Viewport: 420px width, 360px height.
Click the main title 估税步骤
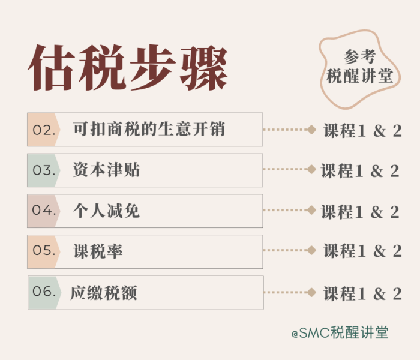[x=128, y=67]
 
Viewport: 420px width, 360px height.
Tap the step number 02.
[x=44, y=130]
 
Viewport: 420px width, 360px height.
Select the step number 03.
[x=44, y=170]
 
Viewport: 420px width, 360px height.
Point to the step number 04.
[x=44, y=210]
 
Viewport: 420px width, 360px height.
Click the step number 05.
[x=44, y=250]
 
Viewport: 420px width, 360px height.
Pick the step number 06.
[x=44, y=291]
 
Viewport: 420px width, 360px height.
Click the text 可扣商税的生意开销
[x=149, y=129]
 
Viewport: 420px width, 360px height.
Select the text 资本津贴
[x=106, y=170]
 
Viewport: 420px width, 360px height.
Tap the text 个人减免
[x=106, y=211]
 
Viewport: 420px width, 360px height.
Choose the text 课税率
[x=98, y=251]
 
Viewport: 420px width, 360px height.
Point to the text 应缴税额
[x=104, y=293]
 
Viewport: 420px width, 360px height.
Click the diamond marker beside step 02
[x=311, y=130]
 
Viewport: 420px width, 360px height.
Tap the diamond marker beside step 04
[x=311, y=210]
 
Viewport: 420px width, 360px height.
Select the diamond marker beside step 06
[x=311, y=292]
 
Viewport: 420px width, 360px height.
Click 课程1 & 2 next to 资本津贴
[x=360, y=171]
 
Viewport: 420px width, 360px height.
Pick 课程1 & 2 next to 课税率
[x=362, y=251]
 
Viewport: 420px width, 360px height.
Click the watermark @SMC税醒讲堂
[x=340, y=332]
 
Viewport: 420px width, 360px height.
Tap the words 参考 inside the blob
[x=359, y=57]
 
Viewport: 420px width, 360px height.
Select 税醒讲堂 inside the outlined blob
[x=359, y=76]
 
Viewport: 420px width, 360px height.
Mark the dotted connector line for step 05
[x=285, y=250]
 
